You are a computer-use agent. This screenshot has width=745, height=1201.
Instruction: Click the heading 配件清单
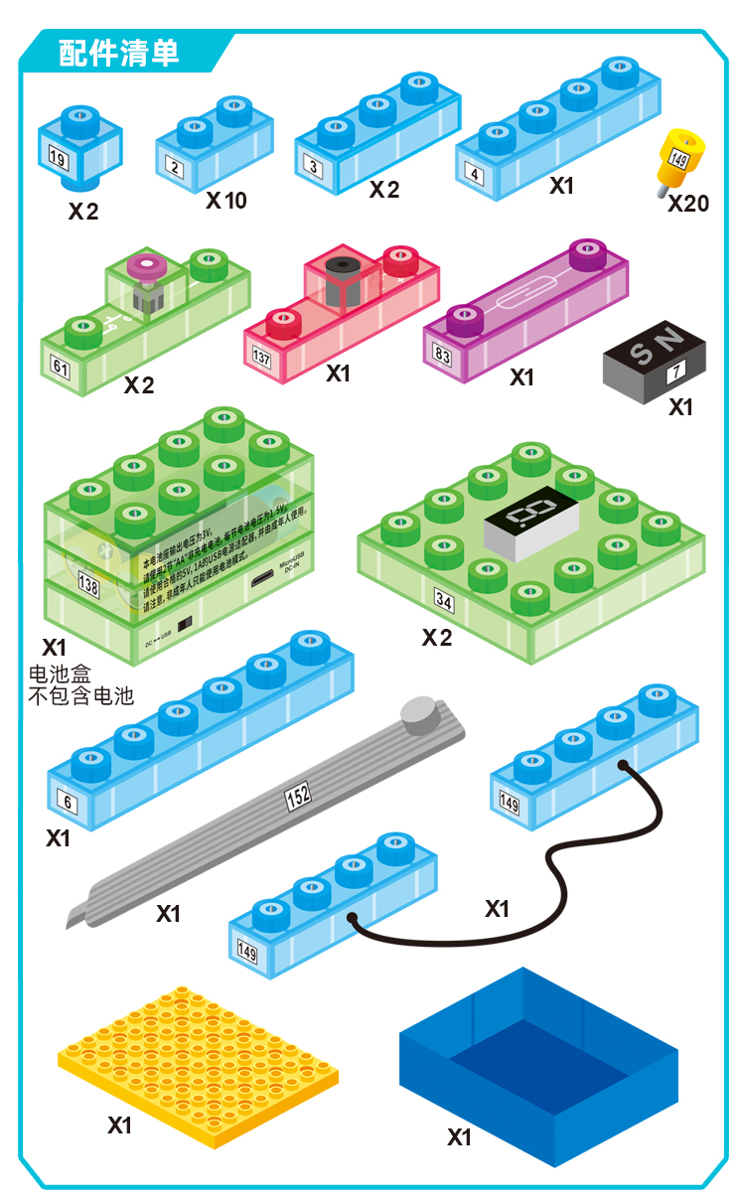pyautogui.click(x=118, y=53)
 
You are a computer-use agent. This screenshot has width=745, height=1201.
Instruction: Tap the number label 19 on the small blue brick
pyautogui.click(x=57, y=157)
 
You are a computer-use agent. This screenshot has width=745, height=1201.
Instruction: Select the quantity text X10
pyautogui.click(x=226, y=201)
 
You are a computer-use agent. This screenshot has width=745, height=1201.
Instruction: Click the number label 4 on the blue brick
pyautogui.click(x=475, y=174)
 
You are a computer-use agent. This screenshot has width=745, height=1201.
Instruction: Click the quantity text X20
pyautogui.click(x=688, y=204)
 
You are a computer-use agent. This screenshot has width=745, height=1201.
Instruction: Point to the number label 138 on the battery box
pyautogui.click(x=88, y=587)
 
